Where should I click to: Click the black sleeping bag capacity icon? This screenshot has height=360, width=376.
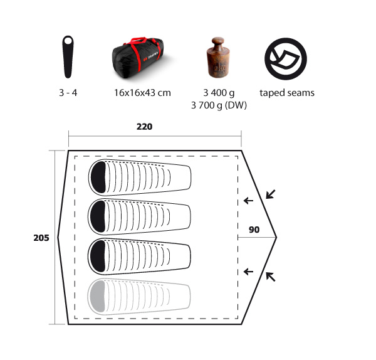point(68,57)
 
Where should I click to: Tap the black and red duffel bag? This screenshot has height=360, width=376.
point(138,58)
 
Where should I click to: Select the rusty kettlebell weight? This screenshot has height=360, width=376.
point(218,57)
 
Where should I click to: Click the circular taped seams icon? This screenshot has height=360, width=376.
point(286,59)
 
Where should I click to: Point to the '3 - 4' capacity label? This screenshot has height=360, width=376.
point(68,93)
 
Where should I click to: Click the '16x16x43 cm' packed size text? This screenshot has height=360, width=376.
point(142,93)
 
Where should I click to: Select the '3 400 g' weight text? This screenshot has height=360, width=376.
point(219,93)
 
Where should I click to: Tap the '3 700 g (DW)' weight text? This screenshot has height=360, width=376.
point(219,105)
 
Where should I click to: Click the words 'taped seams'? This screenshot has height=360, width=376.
point(287,93)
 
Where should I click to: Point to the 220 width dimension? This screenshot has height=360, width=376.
point(144,127)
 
